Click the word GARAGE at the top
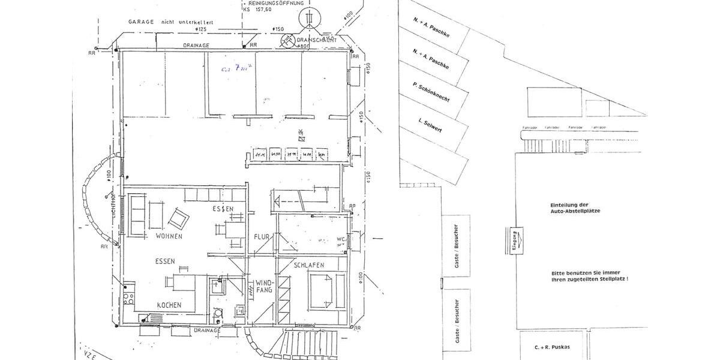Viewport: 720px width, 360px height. (142, 20)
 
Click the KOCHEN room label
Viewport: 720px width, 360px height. (169, 305)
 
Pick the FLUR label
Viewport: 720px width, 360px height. (262, 236)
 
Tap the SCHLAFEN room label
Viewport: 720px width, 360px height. (309, 265)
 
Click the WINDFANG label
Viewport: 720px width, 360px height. (264, 286)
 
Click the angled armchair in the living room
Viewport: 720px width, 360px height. (179, 218)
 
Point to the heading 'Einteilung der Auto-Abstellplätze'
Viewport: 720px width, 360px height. (575, 208)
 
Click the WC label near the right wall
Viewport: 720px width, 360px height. (340, 238)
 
